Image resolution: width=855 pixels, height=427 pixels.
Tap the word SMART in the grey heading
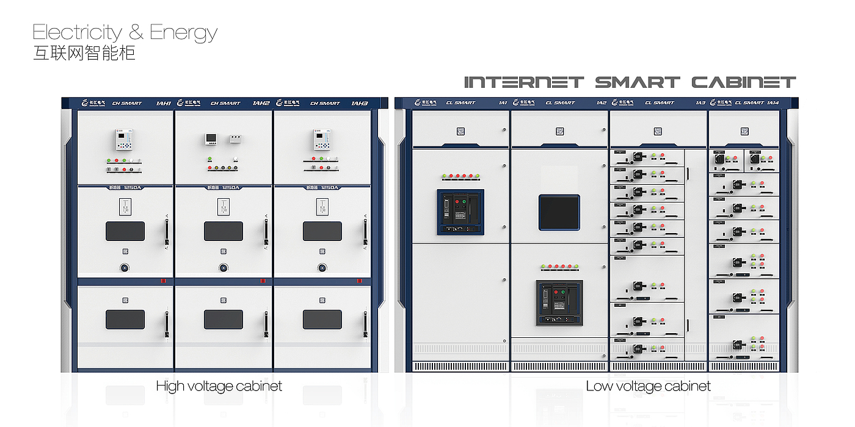(x=637, y=82)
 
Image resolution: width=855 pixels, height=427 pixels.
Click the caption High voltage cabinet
(x=219, y=386)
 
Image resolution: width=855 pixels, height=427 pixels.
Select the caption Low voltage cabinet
(x=648, y=386)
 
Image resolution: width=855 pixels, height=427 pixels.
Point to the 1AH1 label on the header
(x=164, y=103)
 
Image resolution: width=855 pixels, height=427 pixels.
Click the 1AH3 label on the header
(x=359, y=103)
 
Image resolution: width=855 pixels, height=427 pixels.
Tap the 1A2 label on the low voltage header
(x=602, y=103)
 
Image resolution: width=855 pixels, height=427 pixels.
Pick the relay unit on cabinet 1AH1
(x=125, y=140)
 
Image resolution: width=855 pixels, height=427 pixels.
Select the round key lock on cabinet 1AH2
(x=224, y=267)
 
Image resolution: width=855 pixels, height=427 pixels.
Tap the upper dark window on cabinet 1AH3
(x=322, y=231)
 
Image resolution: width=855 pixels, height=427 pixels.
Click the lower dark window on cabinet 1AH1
(x=125, y=319)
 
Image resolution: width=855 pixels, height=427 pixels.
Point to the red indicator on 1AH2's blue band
(x=263, y=281)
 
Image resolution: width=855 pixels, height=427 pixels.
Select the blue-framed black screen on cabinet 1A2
(x=559, y=212)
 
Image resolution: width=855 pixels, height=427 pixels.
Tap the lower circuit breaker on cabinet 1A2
(x=559, y=303)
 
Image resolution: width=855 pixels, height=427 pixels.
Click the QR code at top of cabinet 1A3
(x=658, y=131)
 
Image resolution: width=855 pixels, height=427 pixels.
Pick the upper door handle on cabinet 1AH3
(x=365, y=232)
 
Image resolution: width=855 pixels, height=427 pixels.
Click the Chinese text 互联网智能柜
(x=84, y=53)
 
